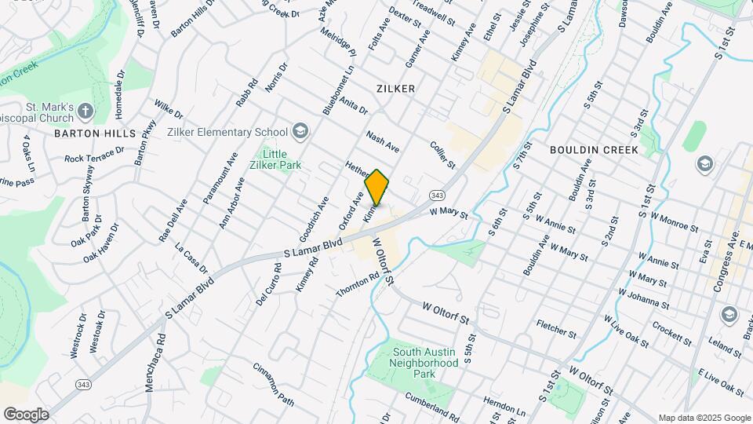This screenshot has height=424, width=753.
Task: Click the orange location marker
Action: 377,187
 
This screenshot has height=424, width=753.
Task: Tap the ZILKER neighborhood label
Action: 395,89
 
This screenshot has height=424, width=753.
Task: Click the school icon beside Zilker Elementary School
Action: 299,130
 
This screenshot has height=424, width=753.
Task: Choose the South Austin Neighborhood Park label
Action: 424,364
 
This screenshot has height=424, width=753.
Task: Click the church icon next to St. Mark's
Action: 85,111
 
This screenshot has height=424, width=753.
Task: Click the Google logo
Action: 26,414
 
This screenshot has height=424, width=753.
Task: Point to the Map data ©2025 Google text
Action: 704,418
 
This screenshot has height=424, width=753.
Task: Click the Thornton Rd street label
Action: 358,285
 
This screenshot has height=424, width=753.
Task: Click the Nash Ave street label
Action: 383,142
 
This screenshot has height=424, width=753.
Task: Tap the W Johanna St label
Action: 643,298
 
